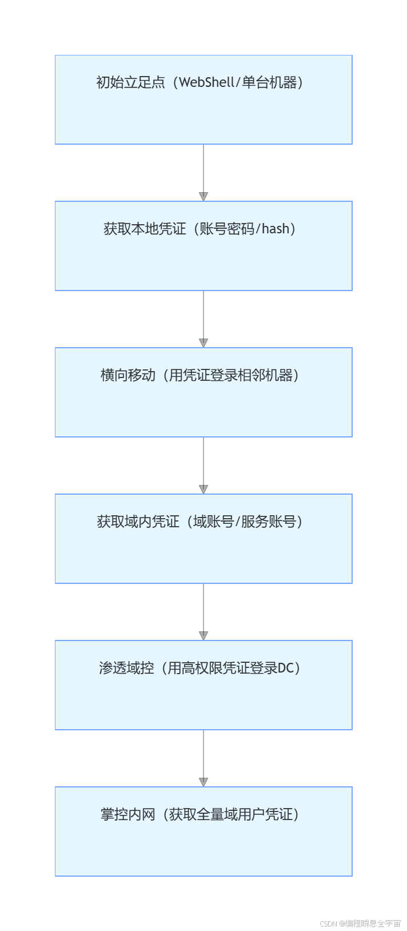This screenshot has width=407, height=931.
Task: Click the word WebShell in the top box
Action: point(207,82)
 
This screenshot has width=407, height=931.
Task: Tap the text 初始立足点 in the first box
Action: point(130,82)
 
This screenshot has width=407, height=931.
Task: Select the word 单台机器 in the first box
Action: point(269,82)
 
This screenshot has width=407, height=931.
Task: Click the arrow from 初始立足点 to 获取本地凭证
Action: point(203,172)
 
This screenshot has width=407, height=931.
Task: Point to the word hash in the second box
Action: point(276,229)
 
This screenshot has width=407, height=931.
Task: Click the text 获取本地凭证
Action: point(145,229)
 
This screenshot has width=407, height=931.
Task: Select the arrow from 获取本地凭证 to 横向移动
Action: point(203,319)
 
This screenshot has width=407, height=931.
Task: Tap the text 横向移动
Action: point(128,375)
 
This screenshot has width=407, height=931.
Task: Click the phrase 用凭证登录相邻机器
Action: point(231,375)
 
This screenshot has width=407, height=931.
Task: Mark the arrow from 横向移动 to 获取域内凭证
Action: point(203,465)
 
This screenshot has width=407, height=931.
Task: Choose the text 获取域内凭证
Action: point(138,522)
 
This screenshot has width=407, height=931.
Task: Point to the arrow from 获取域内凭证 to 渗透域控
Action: point(203,611)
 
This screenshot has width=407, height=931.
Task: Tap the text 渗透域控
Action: point(126,668)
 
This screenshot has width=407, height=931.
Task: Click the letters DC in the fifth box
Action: point(285,668)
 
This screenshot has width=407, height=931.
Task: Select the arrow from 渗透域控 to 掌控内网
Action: point(203,758)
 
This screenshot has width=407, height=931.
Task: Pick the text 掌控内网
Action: point(128,814)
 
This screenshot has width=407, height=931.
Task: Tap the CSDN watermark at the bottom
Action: point(360,923)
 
